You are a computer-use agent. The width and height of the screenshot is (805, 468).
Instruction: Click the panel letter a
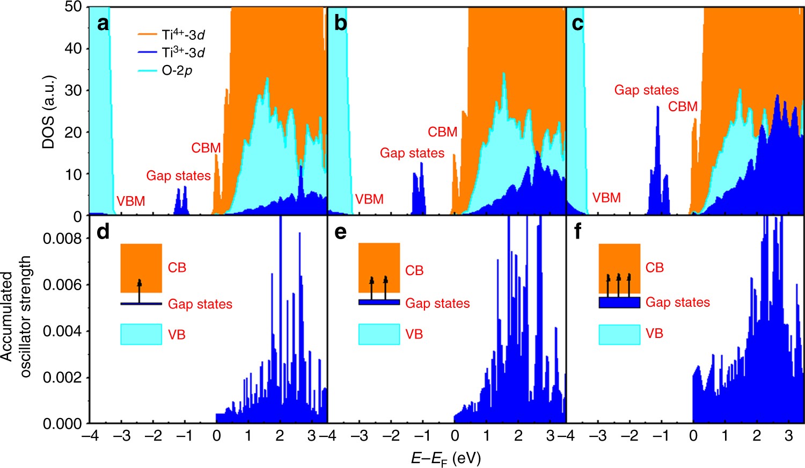[103, 24]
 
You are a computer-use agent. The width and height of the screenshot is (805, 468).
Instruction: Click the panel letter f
[577, 232]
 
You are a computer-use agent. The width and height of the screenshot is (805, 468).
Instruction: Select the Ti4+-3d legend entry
[171, 35]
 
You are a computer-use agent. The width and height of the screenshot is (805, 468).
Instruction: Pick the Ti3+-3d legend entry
[171, 52]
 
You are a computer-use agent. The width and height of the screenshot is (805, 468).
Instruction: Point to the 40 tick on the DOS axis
[73, 48]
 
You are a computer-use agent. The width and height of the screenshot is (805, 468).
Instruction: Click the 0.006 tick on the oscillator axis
[62, 285]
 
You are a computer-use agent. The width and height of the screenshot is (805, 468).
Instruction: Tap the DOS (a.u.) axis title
[49, 112]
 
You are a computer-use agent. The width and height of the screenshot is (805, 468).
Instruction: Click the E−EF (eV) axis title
[445, 458]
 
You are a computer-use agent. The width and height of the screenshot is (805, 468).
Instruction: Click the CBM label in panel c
[683, 107]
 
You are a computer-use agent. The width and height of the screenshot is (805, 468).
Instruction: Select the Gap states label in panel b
[412, 153]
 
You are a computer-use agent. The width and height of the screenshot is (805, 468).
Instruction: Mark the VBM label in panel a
[131, 201]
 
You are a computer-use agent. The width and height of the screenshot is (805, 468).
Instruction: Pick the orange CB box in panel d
[141, 268]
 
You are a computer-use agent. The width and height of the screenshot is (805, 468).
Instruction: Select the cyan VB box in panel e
[379, 334]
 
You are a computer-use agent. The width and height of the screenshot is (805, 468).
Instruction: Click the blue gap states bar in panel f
[619, 303]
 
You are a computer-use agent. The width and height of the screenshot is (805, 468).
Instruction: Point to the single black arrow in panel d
[140, 291]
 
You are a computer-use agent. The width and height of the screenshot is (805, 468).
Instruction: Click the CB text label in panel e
[414, 270]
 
